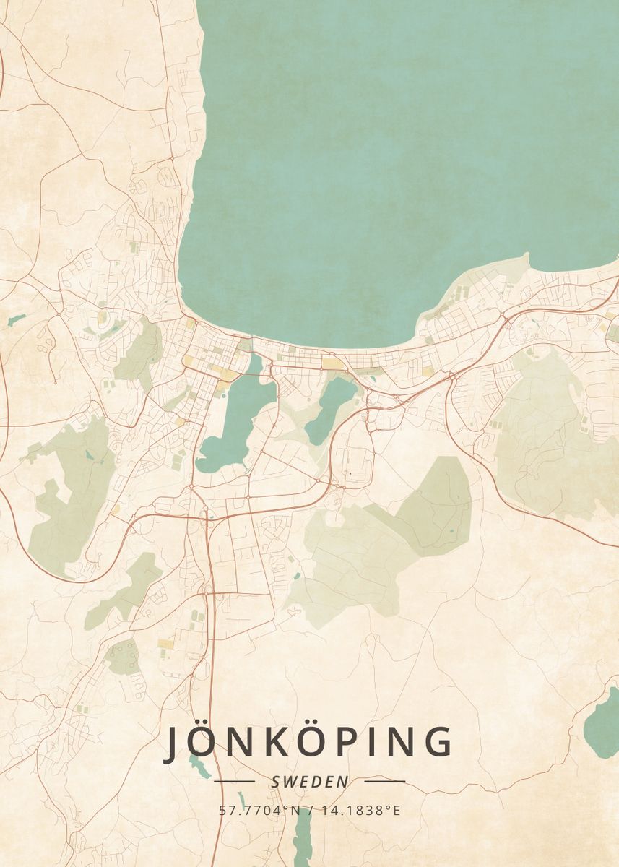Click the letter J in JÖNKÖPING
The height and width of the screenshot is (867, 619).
click(173, 743)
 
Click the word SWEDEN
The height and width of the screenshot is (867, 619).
click(310, 782)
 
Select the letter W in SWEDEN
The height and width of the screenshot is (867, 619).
click(289, 782)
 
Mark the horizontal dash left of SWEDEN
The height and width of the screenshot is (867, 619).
click(235, 781)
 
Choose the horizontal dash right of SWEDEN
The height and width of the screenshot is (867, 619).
click(385, 781)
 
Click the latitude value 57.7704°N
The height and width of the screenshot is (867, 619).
click(259, 810)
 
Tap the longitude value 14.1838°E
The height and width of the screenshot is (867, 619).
click(361, 810)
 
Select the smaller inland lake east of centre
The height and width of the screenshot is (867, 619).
click(330, 408)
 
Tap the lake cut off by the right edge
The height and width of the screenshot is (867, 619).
click(604, 722)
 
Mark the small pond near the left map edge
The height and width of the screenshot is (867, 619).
click(16, 319)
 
